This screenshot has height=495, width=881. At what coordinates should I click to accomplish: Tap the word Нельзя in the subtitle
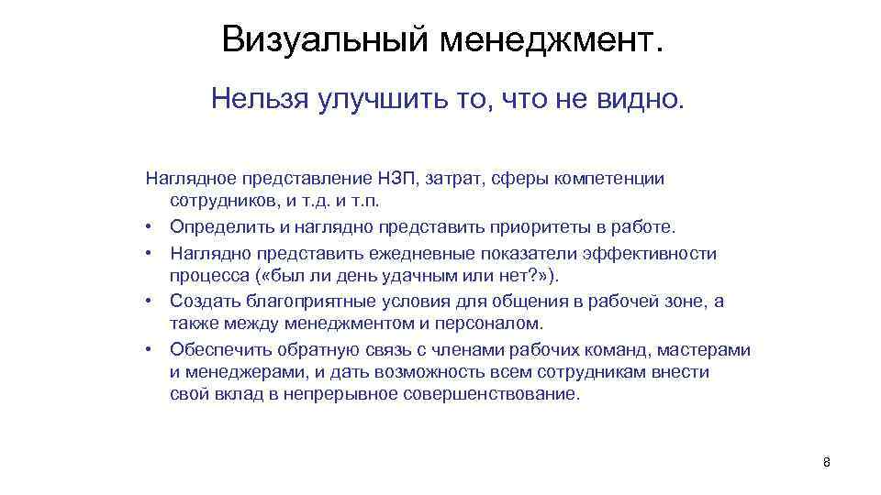tap(259, 98)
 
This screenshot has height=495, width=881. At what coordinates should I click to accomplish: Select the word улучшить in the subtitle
tap(369, 98)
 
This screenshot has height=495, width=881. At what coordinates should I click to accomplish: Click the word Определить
tap(220, 226)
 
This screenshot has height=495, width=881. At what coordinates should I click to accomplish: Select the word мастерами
tap(708, 349)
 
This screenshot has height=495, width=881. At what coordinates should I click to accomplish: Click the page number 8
tap(826, 462)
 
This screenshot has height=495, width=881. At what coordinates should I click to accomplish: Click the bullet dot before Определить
tap(148, 227)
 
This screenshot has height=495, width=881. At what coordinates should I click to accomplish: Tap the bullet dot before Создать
tap(148, 302)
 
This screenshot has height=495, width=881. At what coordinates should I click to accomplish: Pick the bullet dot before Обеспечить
tap(148, 350)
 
